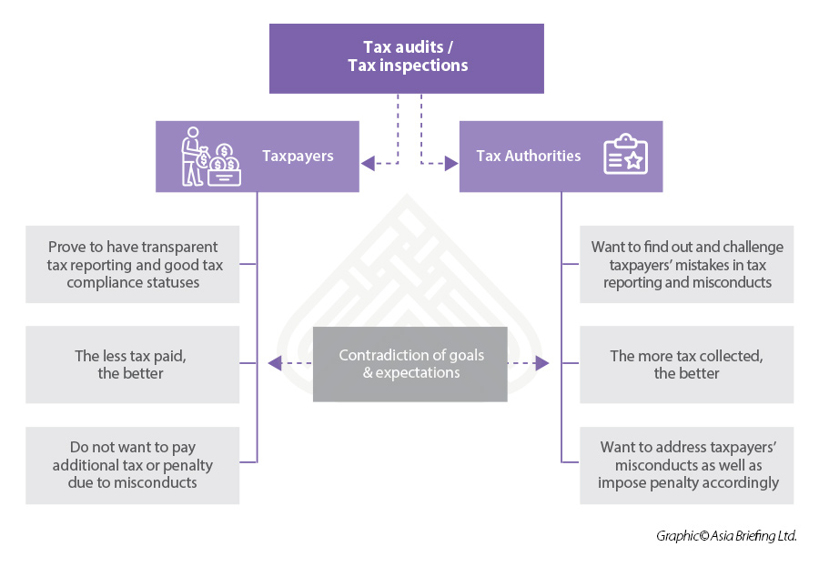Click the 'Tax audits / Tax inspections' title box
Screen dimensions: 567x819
[x=406, y=57]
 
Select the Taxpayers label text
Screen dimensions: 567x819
[x=298, y=156]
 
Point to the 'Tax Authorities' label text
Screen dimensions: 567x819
[x=528, y=156]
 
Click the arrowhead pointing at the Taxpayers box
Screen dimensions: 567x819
[x=367, y=164]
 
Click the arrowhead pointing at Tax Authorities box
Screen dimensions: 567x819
[x=452, y=164]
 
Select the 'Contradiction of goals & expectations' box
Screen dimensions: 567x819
[x=409, y=364]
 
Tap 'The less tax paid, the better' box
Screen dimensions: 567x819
[x=133, y=364]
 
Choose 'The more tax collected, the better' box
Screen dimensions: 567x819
[x=686, y=364]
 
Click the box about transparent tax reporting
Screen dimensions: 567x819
[x=133, y=264]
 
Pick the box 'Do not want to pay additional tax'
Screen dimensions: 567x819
[x=133, y=465]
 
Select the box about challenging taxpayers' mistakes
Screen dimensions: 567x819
[x=686, y=264]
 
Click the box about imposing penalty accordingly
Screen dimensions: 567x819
[x=686, y=465]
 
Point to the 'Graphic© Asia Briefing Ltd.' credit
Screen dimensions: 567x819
[x=726, y=536]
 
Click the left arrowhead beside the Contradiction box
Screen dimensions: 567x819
[x=274, y=364]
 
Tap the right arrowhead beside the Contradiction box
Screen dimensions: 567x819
[x=543, y=364]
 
